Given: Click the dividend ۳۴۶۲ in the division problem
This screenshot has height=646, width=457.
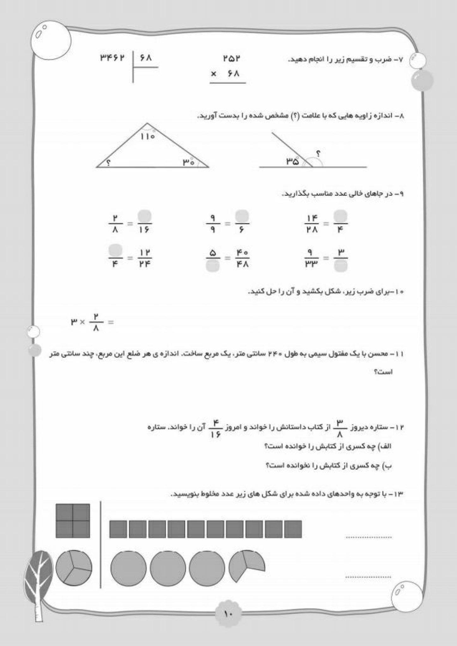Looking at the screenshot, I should coord(112,58).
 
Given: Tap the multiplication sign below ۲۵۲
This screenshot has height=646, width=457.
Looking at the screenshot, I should coord(213,74).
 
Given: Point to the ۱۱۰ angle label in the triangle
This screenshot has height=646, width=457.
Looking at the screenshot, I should coord(147,137).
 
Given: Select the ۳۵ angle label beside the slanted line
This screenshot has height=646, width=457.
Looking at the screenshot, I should coord(292,161).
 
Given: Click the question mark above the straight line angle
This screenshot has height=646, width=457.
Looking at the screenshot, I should coord(319,154).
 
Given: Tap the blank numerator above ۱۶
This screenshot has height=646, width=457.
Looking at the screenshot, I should coord(145,216).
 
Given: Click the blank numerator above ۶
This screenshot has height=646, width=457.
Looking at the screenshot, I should coord(242,216).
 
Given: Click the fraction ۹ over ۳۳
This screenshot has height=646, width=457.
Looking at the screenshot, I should coord(310,258).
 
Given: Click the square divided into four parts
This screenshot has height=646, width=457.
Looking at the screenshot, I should coord(73,521).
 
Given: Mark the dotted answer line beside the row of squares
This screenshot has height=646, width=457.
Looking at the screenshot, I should coord(369,537).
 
